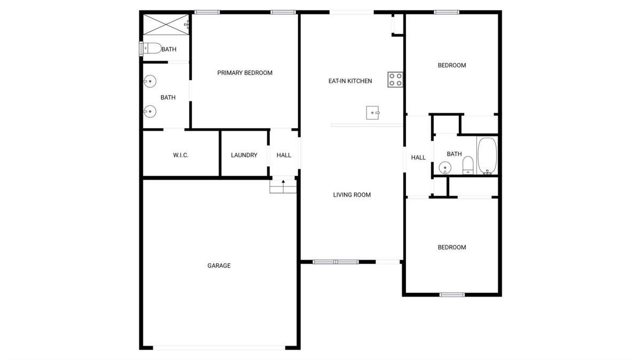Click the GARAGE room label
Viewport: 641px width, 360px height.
(219, 265)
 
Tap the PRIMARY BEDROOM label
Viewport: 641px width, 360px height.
(245, 73)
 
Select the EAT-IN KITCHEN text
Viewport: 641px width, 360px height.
(350, 81)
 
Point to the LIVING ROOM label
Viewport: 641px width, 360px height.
(351, 195)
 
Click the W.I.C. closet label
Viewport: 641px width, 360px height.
(181, 155)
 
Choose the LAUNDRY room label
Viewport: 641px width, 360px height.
(244, 155)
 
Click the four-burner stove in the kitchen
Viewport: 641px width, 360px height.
(395, 80)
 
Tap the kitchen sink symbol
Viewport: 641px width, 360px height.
(373, 113)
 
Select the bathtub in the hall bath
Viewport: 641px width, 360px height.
(487, 155)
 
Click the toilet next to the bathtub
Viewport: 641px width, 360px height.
(468, 166)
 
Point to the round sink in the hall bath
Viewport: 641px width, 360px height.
(445, 168)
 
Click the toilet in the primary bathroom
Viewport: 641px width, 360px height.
(151, 49)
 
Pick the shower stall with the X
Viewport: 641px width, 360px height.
(166, 25)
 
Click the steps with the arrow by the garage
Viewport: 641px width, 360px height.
(283, 186)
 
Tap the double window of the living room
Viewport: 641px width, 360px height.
(335, 262)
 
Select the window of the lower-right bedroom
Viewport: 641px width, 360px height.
(452, 294)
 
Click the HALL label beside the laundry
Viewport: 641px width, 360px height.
(284, 155)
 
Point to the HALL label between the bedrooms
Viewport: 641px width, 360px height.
(418, 158)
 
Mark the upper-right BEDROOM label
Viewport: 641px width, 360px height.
(452, 65)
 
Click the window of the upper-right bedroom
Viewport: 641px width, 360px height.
(447, 12)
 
